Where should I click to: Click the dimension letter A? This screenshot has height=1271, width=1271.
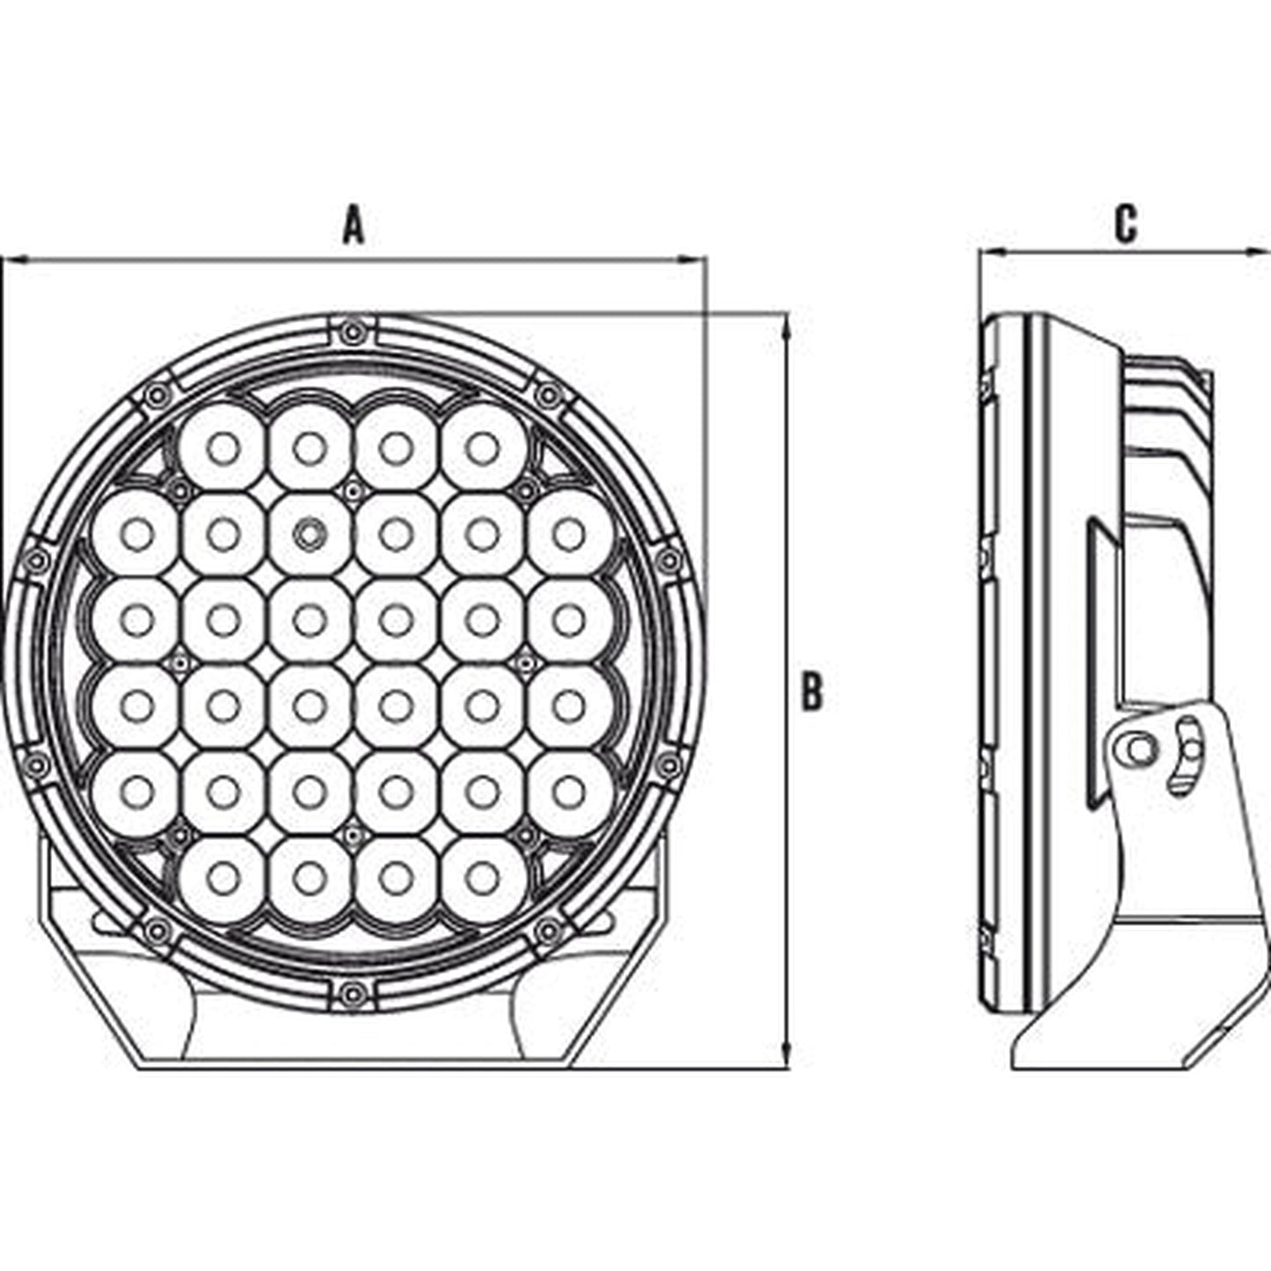click(x=354, y=225)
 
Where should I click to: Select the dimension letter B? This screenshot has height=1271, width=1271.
click(x=811, y=691)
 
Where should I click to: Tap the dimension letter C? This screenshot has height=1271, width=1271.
click(x=1125, y=224)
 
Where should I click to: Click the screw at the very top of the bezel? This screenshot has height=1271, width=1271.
click(x=354, y=331)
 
